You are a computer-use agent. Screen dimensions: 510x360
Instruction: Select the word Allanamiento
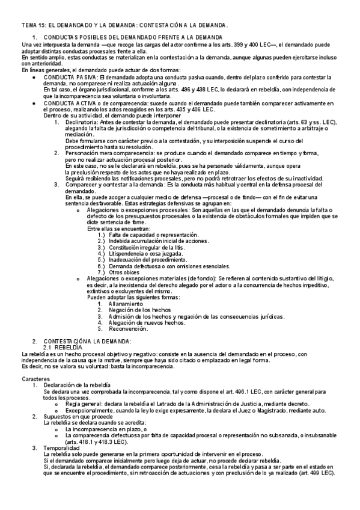click(127, 304)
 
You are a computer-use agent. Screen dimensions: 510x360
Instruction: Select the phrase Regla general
click(85, 403)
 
